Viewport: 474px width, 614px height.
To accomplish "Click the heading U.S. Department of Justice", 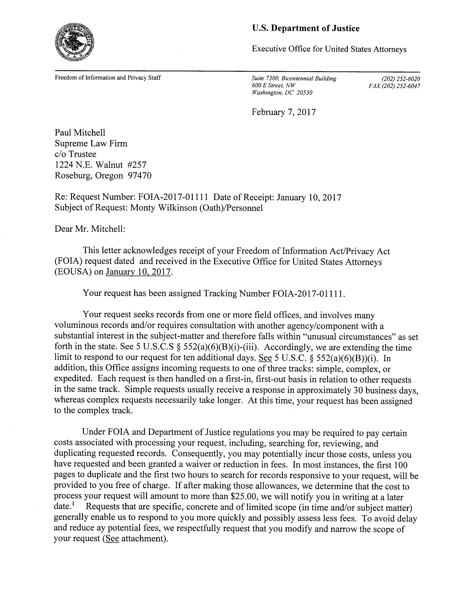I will click(x=306, y=28).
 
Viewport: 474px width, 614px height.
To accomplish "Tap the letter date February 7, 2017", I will click(x=284, y=112).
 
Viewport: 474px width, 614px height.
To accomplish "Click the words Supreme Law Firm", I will click(x=91, y=143).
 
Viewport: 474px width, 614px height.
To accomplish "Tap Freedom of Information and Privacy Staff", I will click(x=108, y=78).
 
